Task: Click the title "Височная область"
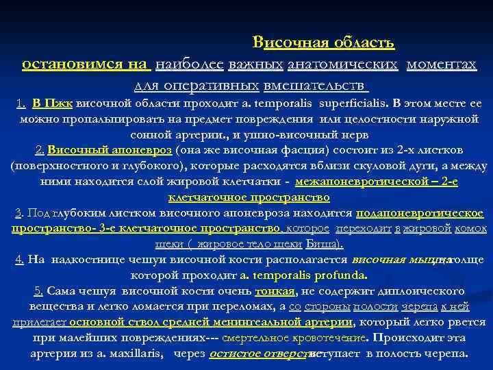[323, 43]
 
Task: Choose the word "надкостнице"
[94, 260]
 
